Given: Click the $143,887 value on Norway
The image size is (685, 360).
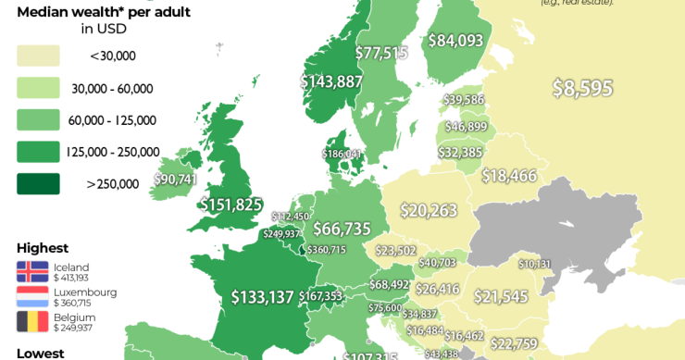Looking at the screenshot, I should pos(330,81).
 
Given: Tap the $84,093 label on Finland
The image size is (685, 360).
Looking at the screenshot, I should pos(455,40).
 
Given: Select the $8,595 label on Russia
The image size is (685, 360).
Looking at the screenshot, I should pos(582,88).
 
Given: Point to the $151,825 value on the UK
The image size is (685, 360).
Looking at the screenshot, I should pos(231,205).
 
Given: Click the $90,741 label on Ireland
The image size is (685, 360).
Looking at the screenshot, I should pos(175,179).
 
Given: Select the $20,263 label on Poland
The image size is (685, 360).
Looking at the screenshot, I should pos(429,211).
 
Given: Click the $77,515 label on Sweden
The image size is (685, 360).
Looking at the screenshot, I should pos(381,53).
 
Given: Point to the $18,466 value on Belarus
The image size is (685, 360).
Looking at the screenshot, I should pos(509,176).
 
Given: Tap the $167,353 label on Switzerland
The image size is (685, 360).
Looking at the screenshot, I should pos(320,296).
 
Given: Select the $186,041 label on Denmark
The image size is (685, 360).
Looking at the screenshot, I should pos(342,154).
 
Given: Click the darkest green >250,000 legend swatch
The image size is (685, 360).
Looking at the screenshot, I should pos(38,183).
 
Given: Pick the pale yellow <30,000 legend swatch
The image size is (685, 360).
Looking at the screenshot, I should pos(38,56).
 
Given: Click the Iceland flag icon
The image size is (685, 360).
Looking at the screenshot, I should pos(32,271).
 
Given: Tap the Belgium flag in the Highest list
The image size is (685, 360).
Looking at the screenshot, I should pos(32,321).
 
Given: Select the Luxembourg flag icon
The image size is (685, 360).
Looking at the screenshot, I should pos(32,296).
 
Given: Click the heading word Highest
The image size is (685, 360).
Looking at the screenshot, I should pos(43,248).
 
